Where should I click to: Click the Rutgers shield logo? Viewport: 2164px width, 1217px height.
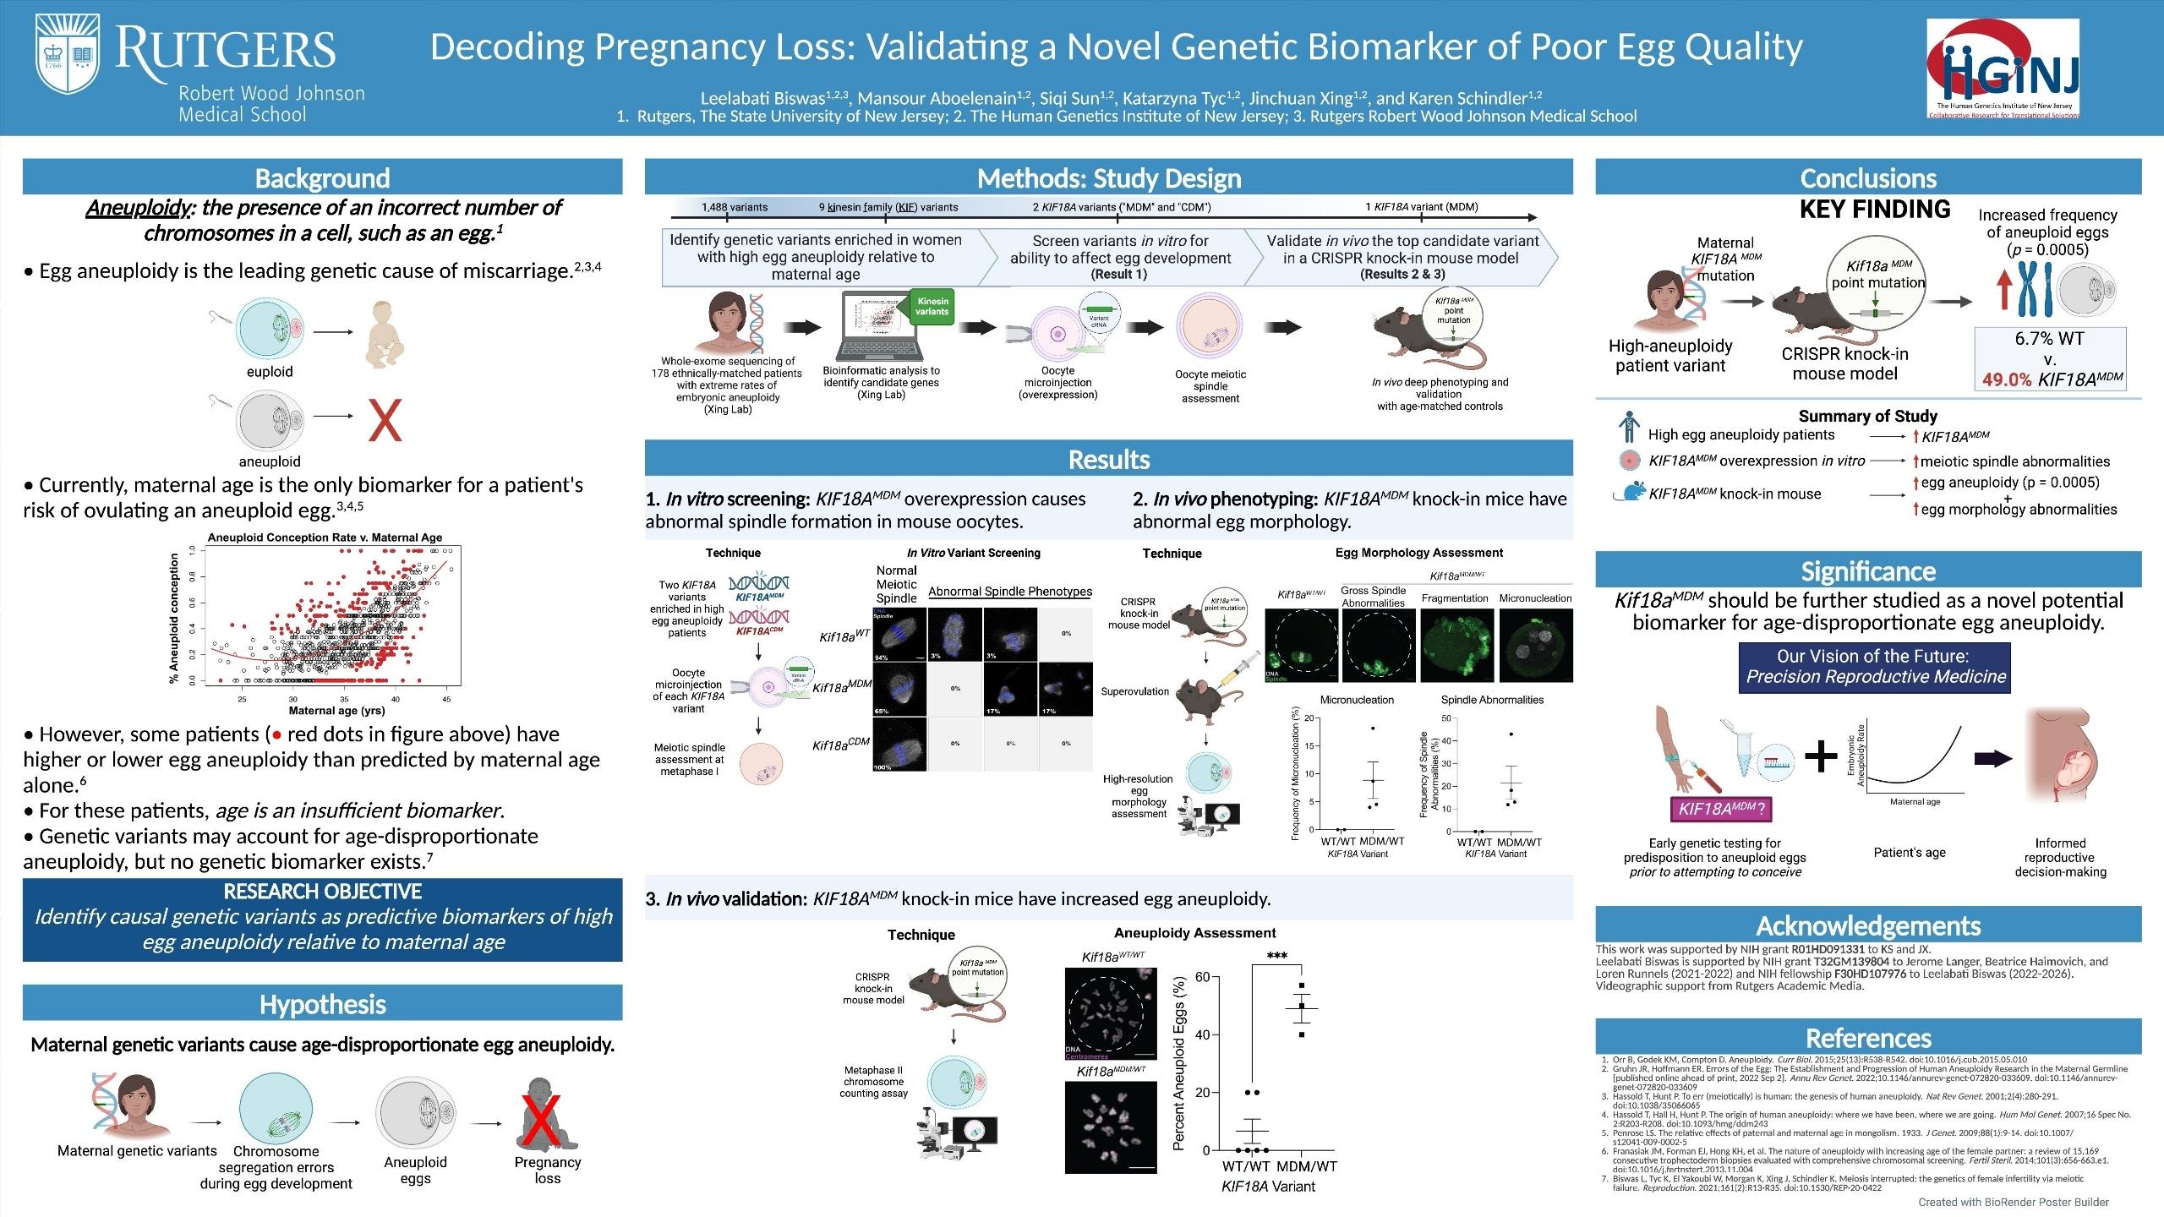point(68,57)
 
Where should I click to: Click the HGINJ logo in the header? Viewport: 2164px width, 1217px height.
point(2003,68)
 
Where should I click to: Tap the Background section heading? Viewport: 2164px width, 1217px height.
point(322,178)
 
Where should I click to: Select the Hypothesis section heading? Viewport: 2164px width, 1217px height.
point(322,1004)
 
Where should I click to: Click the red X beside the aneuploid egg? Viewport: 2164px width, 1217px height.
point(385,420)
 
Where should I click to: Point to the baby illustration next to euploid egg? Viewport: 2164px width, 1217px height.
point(384,335)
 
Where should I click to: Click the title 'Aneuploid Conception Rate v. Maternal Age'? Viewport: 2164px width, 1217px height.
point(325,538)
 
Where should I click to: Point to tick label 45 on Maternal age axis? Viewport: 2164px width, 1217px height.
point(446,699)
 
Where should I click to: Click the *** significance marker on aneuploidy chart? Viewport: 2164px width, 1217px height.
point(1276,957)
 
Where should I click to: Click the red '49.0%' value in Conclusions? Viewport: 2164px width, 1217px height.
point(2007,379)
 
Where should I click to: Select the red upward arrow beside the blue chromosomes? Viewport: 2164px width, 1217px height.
point(2003,289)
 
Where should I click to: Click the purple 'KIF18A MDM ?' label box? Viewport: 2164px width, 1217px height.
point(1720,809)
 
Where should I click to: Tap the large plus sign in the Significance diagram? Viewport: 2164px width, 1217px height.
point(1820,757)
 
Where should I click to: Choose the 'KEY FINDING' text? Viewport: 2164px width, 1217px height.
point(1874,209)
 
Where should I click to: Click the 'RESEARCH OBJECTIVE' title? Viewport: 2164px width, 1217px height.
point(322,892)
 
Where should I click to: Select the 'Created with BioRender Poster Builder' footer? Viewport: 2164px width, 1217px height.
point(2013,1202)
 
